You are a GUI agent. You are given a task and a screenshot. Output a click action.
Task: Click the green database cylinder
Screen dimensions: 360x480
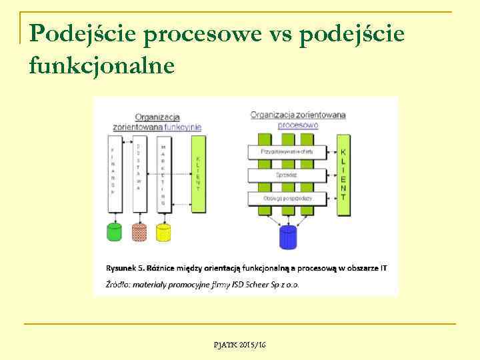coord(115,231)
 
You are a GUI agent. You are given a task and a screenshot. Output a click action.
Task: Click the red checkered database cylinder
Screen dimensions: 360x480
coord(139,231)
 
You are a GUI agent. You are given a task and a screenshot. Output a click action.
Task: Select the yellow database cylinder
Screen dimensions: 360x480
coord(163,231)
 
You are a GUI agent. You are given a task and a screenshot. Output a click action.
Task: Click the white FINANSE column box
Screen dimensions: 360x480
coord(113,173)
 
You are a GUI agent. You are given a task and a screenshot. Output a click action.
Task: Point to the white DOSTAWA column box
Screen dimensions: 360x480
coord(139,173)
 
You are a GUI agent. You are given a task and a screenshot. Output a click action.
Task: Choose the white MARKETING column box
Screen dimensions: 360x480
coord(163,173)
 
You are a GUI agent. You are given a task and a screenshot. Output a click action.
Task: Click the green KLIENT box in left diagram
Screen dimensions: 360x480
coord(198,173)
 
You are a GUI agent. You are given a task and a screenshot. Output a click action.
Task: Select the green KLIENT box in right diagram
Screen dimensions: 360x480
coord(343,175)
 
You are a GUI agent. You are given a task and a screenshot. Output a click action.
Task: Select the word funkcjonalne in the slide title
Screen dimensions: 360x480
coord(102,65)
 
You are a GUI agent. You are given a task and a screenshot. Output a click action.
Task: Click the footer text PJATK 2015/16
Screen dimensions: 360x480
coord(240,344)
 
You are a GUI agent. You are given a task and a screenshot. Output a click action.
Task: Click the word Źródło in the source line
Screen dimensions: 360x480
coord(117,285)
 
